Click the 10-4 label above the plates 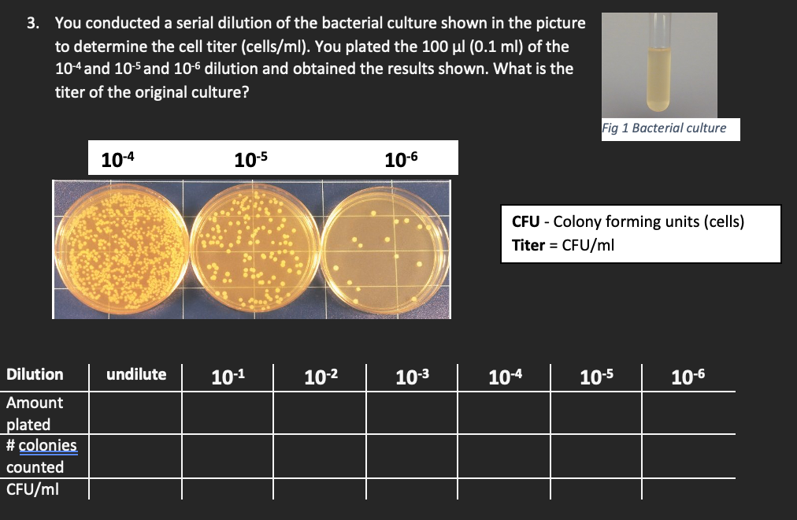(118, 159)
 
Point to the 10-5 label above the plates (251, 159)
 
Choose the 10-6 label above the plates (401, 159)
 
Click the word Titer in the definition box (528, 245)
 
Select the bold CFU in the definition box (525, 221)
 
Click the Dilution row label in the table (35, 374)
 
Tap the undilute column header (136, 374)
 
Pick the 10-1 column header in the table (228, 376)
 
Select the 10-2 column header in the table (321, 376)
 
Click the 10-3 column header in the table (413, 376)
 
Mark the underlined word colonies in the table (47, 446)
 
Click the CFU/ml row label (32, 489)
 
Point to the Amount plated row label (35, 414)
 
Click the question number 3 (32, 24)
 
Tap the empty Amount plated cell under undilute (135, 414)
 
